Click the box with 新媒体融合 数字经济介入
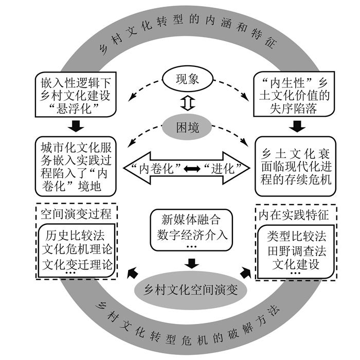pyautogui.click(x=191, y=229)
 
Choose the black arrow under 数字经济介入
pyautogui.click(x=191, y=263)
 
